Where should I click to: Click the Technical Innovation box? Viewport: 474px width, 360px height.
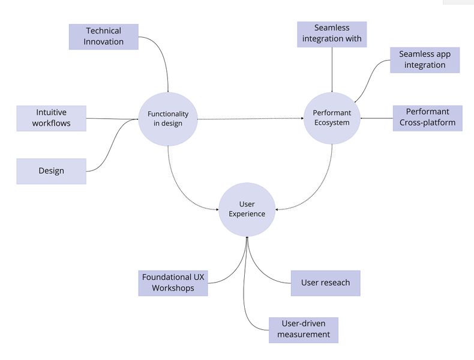(104, 37)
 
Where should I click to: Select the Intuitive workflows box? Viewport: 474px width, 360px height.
(52, 118)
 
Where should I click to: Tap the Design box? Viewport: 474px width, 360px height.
(52, 171)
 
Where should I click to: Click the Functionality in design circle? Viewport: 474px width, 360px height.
(168, 119)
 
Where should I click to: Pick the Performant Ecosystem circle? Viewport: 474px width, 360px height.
(332, 118)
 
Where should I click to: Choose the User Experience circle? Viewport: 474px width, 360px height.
(247, 209)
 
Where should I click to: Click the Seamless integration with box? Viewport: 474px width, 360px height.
(332, 34)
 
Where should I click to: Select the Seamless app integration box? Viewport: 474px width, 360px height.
(424, 60)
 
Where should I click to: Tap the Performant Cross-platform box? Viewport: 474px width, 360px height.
(427, 118)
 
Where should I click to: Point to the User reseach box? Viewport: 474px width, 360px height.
(325, 283)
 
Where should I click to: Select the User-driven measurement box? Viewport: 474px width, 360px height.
(304, 329)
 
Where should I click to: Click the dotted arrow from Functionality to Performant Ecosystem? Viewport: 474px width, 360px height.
(251, 119)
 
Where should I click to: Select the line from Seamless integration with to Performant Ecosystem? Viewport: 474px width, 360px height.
(332, 69)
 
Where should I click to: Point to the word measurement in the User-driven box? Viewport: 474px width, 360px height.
(304, 335)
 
